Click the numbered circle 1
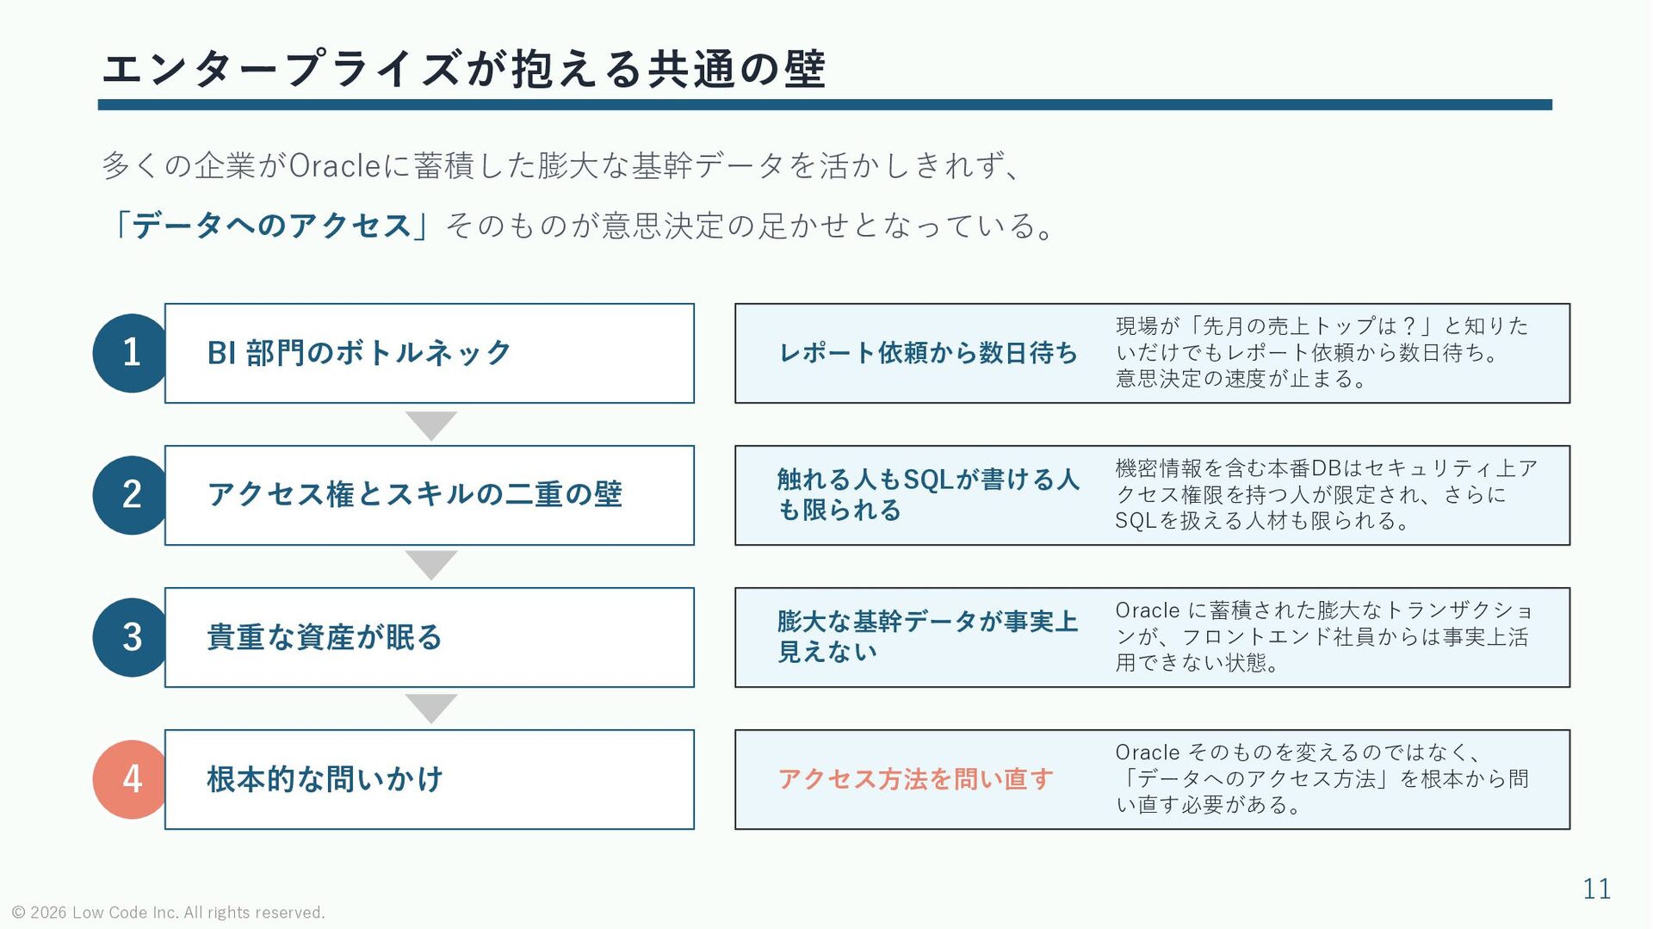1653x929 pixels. pyautogui.click(x=131, y=353)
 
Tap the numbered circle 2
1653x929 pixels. pyautogui.click(x=131, y=495)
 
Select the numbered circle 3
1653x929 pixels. pyautogui.click(x=131, y=637)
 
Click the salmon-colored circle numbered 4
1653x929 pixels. pyautogui.click(x=131, y=779)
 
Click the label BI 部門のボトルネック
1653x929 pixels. pyautogui.click(x=359, y=353)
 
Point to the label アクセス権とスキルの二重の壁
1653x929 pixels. pyautogui.click(x=414, y=494)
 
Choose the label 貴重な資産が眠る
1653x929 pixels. pyautogui.click(x=325, y=637)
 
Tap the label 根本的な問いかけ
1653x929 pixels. pyautogui.click(x=325, y=779)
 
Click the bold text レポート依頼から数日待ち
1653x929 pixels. pyautogui.click(x=928, y=353)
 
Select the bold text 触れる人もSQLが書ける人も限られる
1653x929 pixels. pyautogui.click(x=928, y=494)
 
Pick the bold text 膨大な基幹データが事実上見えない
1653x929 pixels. pyautogui.click(x=928, y=636)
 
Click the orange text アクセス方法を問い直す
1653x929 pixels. pyautogui.click(x=916, y=779)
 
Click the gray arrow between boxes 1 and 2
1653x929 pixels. pyautogui.click(x=430, y=424)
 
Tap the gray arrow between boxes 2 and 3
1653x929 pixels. pyautogui.click(x=430, y=565)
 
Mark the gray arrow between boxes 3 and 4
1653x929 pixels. pyautogui.click(x=430, y=708)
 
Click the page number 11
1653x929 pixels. pyautogui.click(x=1597, y=889)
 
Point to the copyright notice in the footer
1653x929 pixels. pyautogui.click(x=169, y=913)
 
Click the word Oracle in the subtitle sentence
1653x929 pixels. pyautogui.click(x=335, y=165)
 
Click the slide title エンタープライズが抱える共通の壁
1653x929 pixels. pyautogui.click(x=464, y=69)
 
